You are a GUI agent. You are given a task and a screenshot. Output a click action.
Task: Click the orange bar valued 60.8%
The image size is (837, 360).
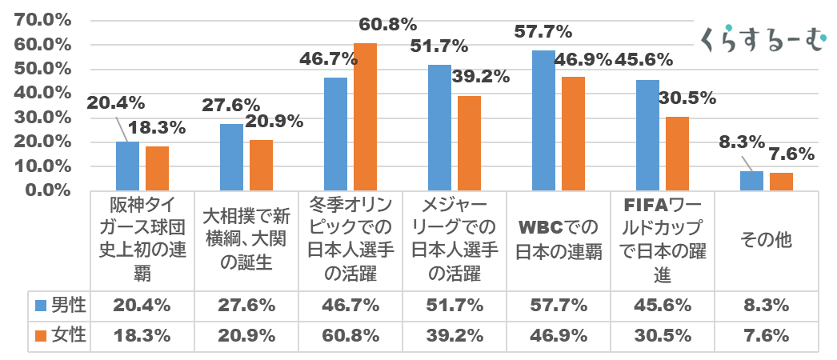[365, 117]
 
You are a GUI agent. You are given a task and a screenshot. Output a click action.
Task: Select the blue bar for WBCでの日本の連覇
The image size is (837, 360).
[543, 121]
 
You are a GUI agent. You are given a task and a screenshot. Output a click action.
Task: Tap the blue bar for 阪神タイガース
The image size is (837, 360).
[127, 166]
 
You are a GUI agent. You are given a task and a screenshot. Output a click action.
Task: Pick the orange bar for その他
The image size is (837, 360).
[781, 182]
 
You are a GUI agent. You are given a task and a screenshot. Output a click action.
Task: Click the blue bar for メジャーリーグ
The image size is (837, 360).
[439, 128]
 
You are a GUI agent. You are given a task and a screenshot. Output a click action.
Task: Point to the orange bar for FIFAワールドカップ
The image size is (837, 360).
[677, 154]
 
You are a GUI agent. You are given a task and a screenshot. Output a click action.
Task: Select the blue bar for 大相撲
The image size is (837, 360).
[231, 158]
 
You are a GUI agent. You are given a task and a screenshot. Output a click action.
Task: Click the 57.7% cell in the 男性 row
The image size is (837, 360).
[559, 305]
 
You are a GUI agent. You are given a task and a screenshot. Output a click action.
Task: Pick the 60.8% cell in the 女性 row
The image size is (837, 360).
[350, 336]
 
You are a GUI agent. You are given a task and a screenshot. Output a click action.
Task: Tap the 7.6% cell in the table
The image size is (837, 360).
[767, 336]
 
